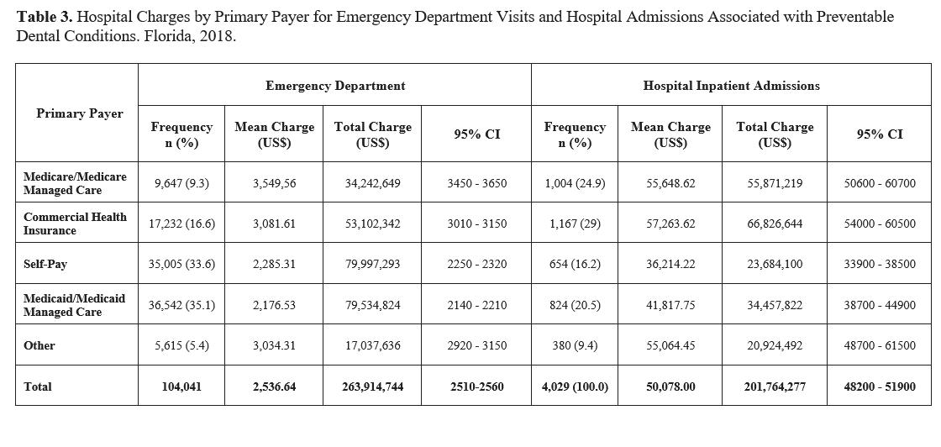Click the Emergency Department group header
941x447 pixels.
click(335, 86)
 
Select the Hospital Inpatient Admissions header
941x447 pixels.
click(731, 86)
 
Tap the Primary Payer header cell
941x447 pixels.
click(79, 113)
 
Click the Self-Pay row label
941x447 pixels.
click(45, 264)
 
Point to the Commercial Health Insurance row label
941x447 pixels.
click(75, 223)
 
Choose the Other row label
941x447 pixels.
click(39, 345)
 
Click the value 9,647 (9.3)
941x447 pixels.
click(181, 183)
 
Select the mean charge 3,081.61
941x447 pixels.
click(274, 223)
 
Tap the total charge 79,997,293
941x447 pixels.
click(372, 264)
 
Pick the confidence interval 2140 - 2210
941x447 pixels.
click(476, 305)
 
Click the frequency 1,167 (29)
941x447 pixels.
click(575, 223)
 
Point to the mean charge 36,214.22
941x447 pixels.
click(670, 264)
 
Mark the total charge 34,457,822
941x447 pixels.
click(775, 305)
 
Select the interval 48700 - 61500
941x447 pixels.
click(880, 345)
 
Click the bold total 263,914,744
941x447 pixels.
click(372, 387)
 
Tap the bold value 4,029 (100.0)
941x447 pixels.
click(575, 387)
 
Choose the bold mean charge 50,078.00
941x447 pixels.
click(670, 387)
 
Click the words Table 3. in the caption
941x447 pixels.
click(42, 17)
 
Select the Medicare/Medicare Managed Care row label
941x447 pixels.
click(75, 183)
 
